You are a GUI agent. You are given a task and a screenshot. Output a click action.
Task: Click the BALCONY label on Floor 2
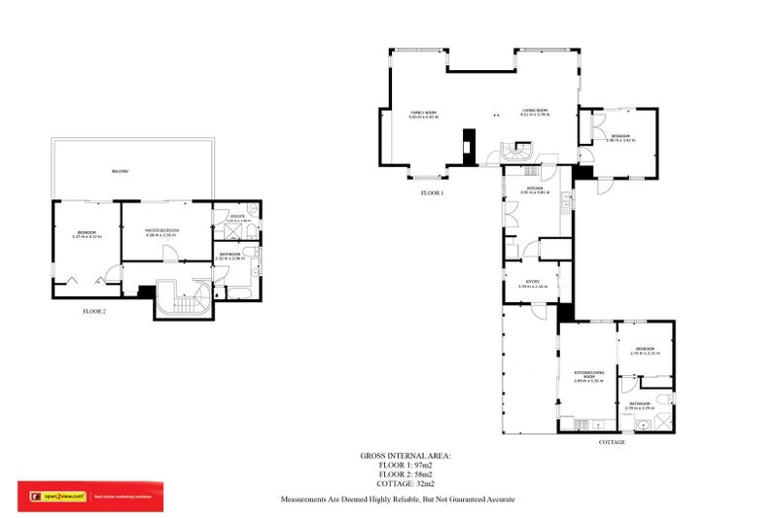(x=121, y=172)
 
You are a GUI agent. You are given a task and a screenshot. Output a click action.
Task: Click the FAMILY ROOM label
(x=422, y=113)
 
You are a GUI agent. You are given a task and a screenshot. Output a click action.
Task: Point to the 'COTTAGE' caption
(x=611, y=442)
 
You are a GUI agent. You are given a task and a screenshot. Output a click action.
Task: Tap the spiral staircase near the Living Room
(x=518, y=154)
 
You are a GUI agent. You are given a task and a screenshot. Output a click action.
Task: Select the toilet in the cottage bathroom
(x=662, y=399)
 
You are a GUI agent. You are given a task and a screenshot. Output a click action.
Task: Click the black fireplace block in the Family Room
(x=468, y=143)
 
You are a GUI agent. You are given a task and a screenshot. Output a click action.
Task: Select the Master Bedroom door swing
(x=170, y=254)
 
